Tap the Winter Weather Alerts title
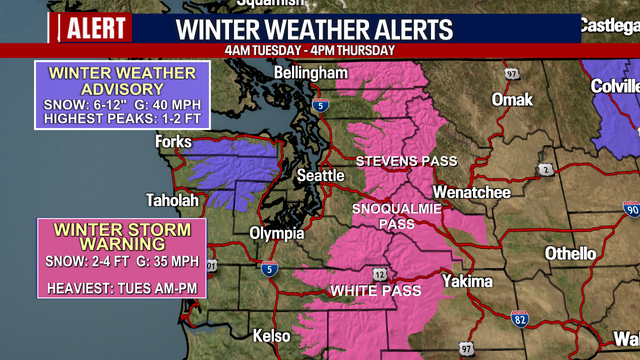(314, 29)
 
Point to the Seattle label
(320, 176)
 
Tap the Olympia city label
(276, 233)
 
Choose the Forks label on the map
(173, 142)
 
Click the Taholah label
(172, 200)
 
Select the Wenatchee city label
(472, 192)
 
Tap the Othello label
(571, 254)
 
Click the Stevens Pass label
(407, 161)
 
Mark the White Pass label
(370, 291)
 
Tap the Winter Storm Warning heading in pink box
(122, 236)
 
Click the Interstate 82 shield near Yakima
(520, 318)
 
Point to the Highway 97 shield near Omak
(511, 74)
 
